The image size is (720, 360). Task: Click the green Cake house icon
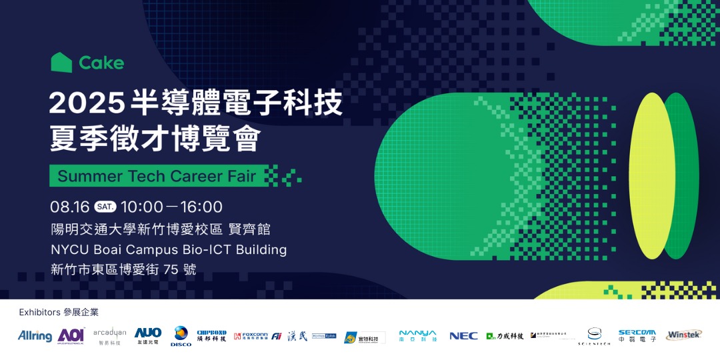click(61, 63)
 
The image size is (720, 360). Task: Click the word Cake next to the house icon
click(101, 63)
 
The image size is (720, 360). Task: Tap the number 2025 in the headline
click(87, 104)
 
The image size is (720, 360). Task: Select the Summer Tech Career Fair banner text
click(157, 176)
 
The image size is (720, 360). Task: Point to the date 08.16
click(70, 207)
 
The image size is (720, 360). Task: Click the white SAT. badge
click(105, 207)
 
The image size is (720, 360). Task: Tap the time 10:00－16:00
click(171, 207)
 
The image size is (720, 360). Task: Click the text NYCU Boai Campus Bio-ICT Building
click(169, 249)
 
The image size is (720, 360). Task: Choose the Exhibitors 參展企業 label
click(59, 312)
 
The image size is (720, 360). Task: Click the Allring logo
click(35, 336)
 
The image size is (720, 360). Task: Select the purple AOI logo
click(71, 335)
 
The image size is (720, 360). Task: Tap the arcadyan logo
click(109, 335)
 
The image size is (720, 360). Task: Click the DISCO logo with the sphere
click(181, 335)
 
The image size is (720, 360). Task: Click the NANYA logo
click(417, 335)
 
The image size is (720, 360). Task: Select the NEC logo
click(463, 336)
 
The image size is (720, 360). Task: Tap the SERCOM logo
click(637, 335)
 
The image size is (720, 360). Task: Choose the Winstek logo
click(683, 335)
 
